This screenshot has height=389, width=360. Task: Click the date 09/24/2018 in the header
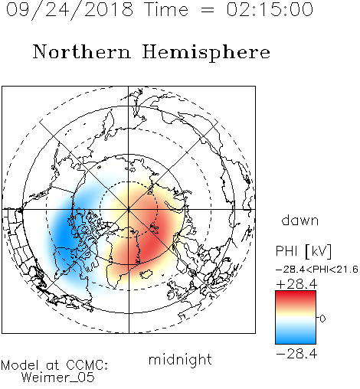(70, 10)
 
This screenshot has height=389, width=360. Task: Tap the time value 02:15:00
(270, 9)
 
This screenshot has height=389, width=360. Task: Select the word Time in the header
(166, 9)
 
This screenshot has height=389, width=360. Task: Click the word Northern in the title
(82, 51)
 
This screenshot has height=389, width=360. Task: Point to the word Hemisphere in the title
(206, 53)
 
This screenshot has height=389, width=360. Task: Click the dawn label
(300, 221)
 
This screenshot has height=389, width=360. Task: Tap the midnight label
(180, 359)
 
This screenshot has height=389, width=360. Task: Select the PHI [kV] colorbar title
(303, 251)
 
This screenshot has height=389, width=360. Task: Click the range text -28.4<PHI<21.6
(317, 270)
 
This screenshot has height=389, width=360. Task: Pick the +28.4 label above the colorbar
(296, 284)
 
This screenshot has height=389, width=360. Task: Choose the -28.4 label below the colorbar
(296, 354)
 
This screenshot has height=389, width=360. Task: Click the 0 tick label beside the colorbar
(322, 319)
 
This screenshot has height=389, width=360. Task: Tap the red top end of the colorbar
(296, 293)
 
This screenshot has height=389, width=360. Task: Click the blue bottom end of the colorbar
(296, 342)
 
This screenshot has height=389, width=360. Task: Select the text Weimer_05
(58, 378)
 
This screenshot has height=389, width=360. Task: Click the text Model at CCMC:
(54, 365)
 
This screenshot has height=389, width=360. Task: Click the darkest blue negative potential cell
(62, 234)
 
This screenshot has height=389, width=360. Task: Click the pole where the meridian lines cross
(129, 209)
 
